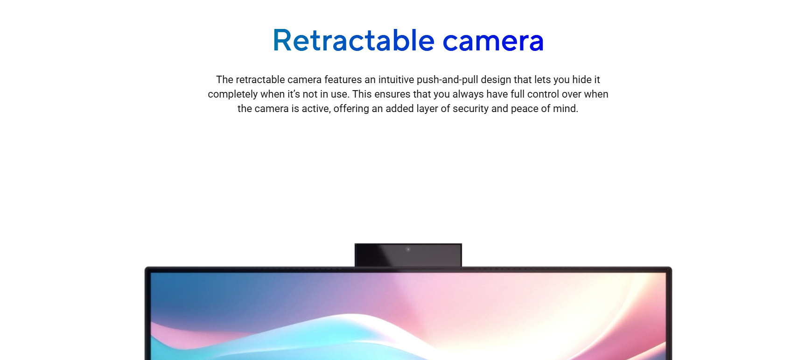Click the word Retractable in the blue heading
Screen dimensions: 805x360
click(354, 40)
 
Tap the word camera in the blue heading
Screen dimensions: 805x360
click(493, 41)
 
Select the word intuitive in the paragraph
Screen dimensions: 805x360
click(396, 80)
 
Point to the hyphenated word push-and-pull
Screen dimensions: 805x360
click(447, 80)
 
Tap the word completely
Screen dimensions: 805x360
click(231, 95)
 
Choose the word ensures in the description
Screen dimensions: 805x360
click(392, 94)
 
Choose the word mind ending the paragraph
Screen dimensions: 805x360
click(564, 109)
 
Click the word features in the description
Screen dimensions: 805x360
click(343, 80)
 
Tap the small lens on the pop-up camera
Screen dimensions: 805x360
click(408, 249)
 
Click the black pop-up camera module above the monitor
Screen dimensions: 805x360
click(408, 255)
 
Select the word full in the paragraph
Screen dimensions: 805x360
click(518, 94)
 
